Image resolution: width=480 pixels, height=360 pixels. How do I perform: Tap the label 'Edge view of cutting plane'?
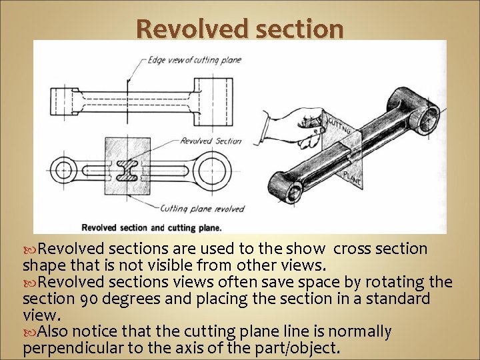tap(194, 60)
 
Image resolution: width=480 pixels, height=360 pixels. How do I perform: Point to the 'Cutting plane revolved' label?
tap(202, 209)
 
